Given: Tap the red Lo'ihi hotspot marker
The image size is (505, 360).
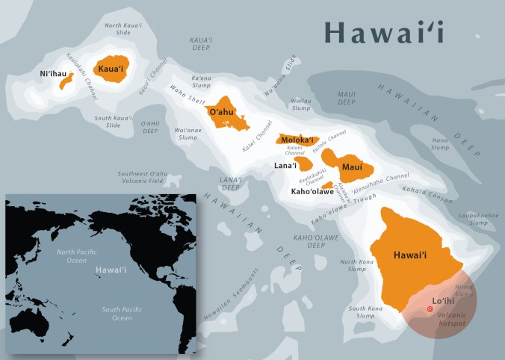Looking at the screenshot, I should (x=429, y=309).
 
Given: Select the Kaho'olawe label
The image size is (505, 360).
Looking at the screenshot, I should (x=312, y=192).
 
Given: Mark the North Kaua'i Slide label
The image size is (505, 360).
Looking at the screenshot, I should (x=123, y=30).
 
